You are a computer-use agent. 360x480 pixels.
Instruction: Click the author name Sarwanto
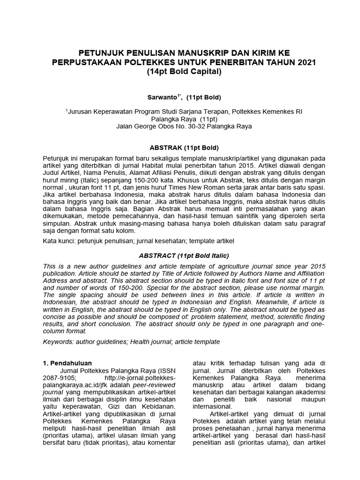click(161, 97)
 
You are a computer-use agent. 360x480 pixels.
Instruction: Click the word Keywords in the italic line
click(57, 342)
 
